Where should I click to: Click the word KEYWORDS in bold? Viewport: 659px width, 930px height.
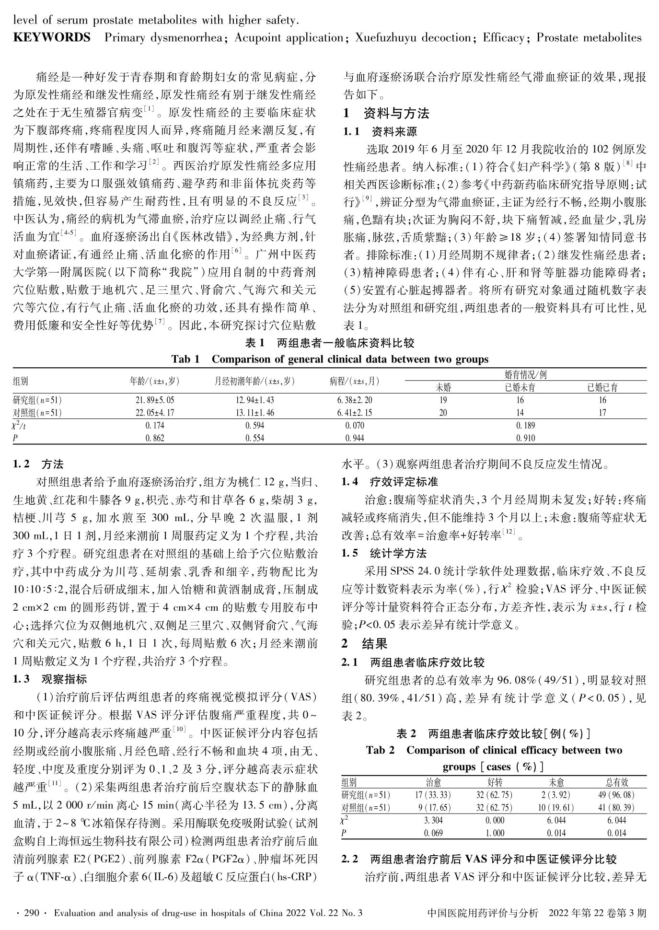tap(52, 37)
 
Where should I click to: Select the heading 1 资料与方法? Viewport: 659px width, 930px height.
tap(385, 114)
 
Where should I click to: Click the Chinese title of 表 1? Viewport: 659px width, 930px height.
tap(329, 343)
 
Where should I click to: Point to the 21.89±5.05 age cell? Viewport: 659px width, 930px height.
tap(155, 400)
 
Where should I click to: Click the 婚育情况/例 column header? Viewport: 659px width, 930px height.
tap(526, 375)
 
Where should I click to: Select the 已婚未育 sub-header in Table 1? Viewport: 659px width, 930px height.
tap(520, 387)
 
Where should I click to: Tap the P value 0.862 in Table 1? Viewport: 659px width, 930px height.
tap(155, 437)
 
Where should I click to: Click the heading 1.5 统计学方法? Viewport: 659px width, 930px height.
tap(384, 554)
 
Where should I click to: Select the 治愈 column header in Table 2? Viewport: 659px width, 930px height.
tap(433, 783)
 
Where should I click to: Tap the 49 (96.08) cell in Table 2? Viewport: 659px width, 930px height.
tap(616, 795)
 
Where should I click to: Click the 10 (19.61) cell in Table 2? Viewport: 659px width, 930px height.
tap(556, 807)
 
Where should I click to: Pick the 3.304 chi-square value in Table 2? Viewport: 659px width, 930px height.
tap(433, 820)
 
